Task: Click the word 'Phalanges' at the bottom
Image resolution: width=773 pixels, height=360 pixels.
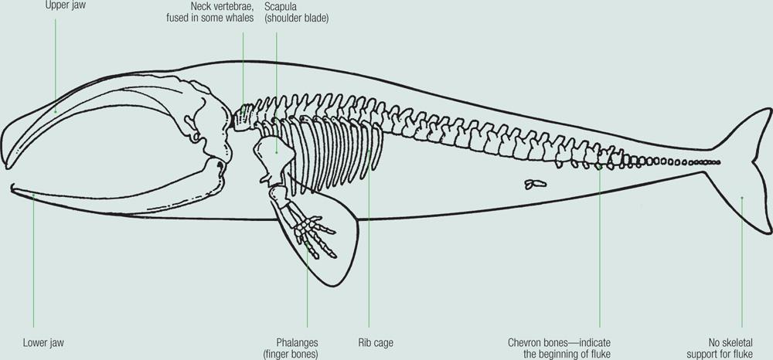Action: (x=297, y=341)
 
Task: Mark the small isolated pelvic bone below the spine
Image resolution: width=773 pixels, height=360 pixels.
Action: (x=533, y=184)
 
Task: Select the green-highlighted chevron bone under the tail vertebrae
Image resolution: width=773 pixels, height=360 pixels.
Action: (x=600, y=166)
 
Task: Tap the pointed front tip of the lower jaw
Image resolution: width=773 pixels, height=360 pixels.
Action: (x=14, y=187)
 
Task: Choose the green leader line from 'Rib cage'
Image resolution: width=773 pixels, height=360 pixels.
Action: (x=369, y=247)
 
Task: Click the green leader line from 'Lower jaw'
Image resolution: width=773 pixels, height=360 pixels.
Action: (x=34, y=263)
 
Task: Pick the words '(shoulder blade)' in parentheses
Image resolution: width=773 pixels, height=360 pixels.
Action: (x=297, y=18)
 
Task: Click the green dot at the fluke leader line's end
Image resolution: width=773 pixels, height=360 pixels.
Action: (x=742, y=198)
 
